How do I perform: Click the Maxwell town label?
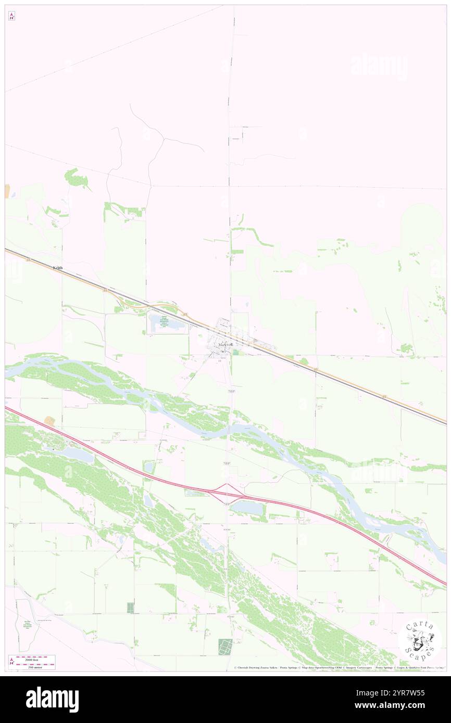(226, 345)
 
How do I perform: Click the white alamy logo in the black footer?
(52, 700)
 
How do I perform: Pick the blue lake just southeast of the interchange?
(247, 508)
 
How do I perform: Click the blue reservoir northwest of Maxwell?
(166, 324)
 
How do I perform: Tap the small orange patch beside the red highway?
(49, 421)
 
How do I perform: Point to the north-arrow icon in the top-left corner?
(11, 16)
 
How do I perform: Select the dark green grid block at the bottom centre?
(225, 647)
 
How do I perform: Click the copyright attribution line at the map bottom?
(339, 667)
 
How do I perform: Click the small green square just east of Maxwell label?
(238, 353)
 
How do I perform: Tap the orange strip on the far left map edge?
(7, 190)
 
